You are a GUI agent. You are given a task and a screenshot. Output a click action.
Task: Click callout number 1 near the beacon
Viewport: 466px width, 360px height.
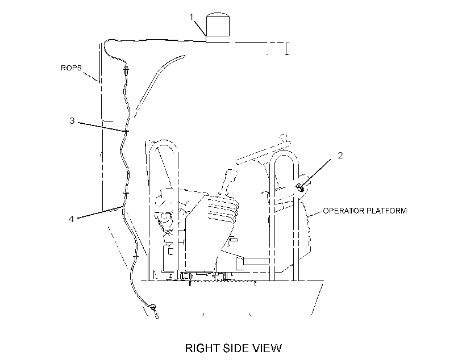point(192,17)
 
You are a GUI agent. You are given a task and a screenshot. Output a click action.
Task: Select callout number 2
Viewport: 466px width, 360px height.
point(340,156)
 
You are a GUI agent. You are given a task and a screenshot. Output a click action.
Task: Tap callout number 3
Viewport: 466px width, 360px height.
point(72,121)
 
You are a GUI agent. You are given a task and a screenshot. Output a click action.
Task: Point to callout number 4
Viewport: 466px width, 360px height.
point(72,219)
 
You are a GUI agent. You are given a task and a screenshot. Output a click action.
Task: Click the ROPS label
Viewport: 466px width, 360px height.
point(71,68)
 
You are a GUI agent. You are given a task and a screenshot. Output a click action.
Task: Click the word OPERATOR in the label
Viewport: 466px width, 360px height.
point(343,211)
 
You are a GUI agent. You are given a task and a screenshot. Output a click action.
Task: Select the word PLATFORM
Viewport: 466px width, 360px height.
point(386,211)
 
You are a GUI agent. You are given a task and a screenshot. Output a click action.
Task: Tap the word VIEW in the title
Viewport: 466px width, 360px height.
point(267,348)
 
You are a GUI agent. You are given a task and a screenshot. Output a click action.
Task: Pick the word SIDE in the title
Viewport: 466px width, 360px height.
point(235,348)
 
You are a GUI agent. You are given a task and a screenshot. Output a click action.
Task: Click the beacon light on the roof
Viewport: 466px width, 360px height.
point(218,27)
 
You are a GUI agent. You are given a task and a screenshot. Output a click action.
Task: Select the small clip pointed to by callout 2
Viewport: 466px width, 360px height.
point(299,188)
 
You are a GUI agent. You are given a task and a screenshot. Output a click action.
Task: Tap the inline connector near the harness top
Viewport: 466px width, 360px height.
point(127,70)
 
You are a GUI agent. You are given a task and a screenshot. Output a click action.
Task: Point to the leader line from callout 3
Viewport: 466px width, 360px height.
point(103,127)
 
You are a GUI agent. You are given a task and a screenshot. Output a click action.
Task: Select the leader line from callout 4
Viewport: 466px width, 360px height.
point(100,212)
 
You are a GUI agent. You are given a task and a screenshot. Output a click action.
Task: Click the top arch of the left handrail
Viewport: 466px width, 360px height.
point(164,142)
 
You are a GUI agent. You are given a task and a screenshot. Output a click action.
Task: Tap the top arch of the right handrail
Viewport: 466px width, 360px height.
point(284,153)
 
